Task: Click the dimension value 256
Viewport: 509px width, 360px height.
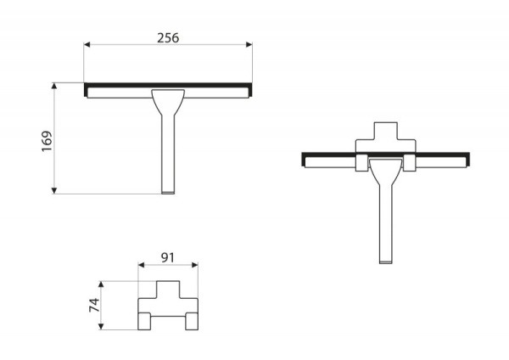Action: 168,38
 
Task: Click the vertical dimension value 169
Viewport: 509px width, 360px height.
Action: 47,141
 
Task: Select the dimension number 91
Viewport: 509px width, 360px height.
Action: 167,257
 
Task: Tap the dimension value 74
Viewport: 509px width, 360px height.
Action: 94,305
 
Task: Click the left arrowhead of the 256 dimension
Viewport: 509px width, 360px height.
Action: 87,44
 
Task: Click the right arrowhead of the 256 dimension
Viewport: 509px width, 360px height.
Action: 249,44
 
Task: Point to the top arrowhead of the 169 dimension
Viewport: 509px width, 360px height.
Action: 54,86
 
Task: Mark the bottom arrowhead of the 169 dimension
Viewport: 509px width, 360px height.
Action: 54,191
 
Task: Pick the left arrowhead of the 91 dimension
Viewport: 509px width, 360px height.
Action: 141,265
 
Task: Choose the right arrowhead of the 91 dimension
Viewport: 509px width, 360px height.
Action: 195,265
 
